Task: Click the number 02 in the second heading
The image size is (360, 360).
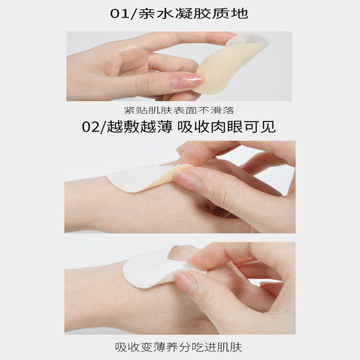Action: (91, 127)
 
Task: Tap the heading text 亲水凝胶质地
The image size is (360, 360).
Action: (193, 13)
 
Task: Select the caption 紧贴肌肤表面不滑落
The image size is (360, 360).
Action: (179, 110)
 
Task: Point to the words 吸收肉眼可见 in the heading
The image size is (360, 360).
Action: (226, 126)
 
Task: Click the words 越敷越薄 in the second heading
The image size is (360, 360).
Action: (139, 126)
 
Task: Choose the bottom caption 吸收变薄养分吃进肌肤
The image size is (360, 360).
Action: (178, 347)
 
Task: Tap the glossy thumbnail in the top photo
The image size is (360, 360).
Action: (186, 80)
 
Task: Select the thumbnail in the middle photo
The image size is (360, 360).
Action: (186, 179)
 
